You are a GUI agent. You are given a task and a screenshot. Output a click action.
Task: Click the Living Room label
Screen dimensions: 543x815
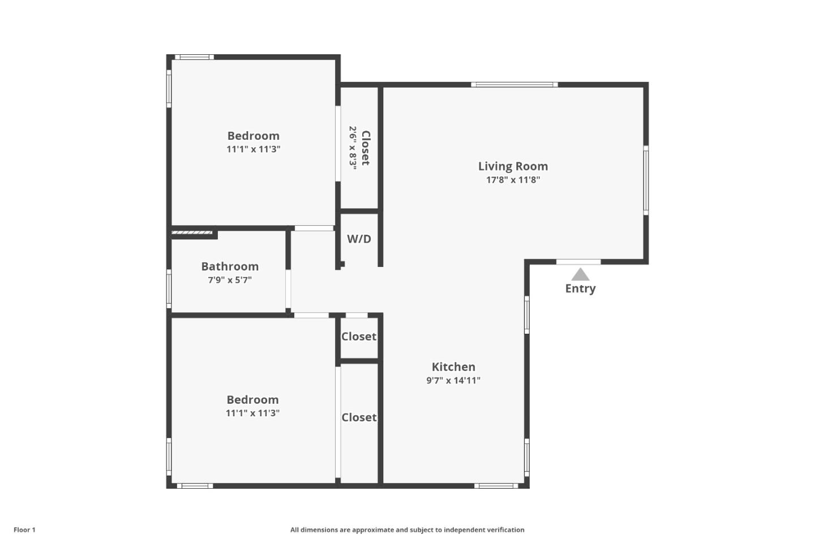coord(513,166)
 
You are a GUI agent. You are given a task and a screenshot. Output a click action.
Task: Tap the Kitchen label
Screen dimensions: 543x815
coord(453,367)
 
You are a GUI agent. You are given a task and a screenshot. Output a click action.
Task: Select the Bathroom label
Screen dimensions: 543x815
coord(230,266)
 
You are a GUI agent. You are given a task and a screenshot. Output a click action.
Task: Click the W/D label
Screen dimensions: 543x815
coord(359,239)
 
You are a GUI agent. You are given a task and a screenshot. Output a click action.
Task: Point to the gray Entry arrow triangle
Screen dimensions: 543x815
coord(580,275)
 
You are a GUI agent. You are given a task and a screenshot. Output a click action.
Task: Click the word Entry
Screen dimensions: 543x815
coord(580,288)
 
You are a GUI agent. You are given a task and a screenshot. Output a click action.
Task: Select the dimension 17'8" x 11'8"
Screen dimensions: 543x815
coord(513,180)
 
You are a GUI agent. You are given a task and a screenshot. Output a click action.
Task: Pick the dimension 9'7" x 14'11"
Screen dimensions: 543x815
coord(453,381)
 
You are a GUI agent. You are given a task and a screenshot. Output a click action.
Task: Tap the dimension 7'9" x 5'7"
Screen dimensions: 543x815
coord(230,280)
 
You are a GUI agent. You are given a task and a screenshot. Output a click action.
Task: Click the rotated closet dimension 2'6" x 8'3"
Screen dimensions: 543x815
coord(353,148)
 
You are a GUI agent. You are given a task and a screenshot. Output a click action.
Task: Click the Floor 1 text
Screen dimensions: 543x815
coord(24,530)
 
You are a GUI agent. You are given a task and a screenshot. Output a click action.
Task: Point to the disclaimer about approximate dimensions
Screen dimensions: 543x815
coord(407,530)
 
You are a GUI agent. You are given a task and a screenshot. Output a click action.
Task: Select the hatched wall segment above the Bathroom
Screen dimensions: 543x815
coord(192,232)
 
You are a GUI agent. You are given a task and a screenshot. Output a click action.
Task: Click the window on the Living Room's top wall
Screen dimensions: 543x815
coord(514,85)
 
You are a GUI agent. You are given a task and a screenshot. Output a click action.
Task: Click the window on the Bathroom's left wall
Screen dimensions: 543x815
coord(169,288)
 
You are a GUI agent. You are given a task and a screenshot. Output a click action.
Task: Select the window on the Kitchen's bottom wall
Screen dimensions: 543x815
coord(496,485)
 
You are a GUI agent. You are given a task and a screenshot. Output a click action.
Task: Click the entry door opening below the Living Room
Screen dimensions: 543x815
coord(578,262)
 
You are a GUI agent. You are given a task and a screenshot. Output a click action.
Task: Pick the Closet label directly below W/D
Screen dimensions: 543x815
coord(359,337)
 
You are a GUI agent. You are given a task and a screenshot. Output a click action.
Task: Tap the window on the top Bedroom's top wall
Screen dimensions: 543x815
coord(194,57)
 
